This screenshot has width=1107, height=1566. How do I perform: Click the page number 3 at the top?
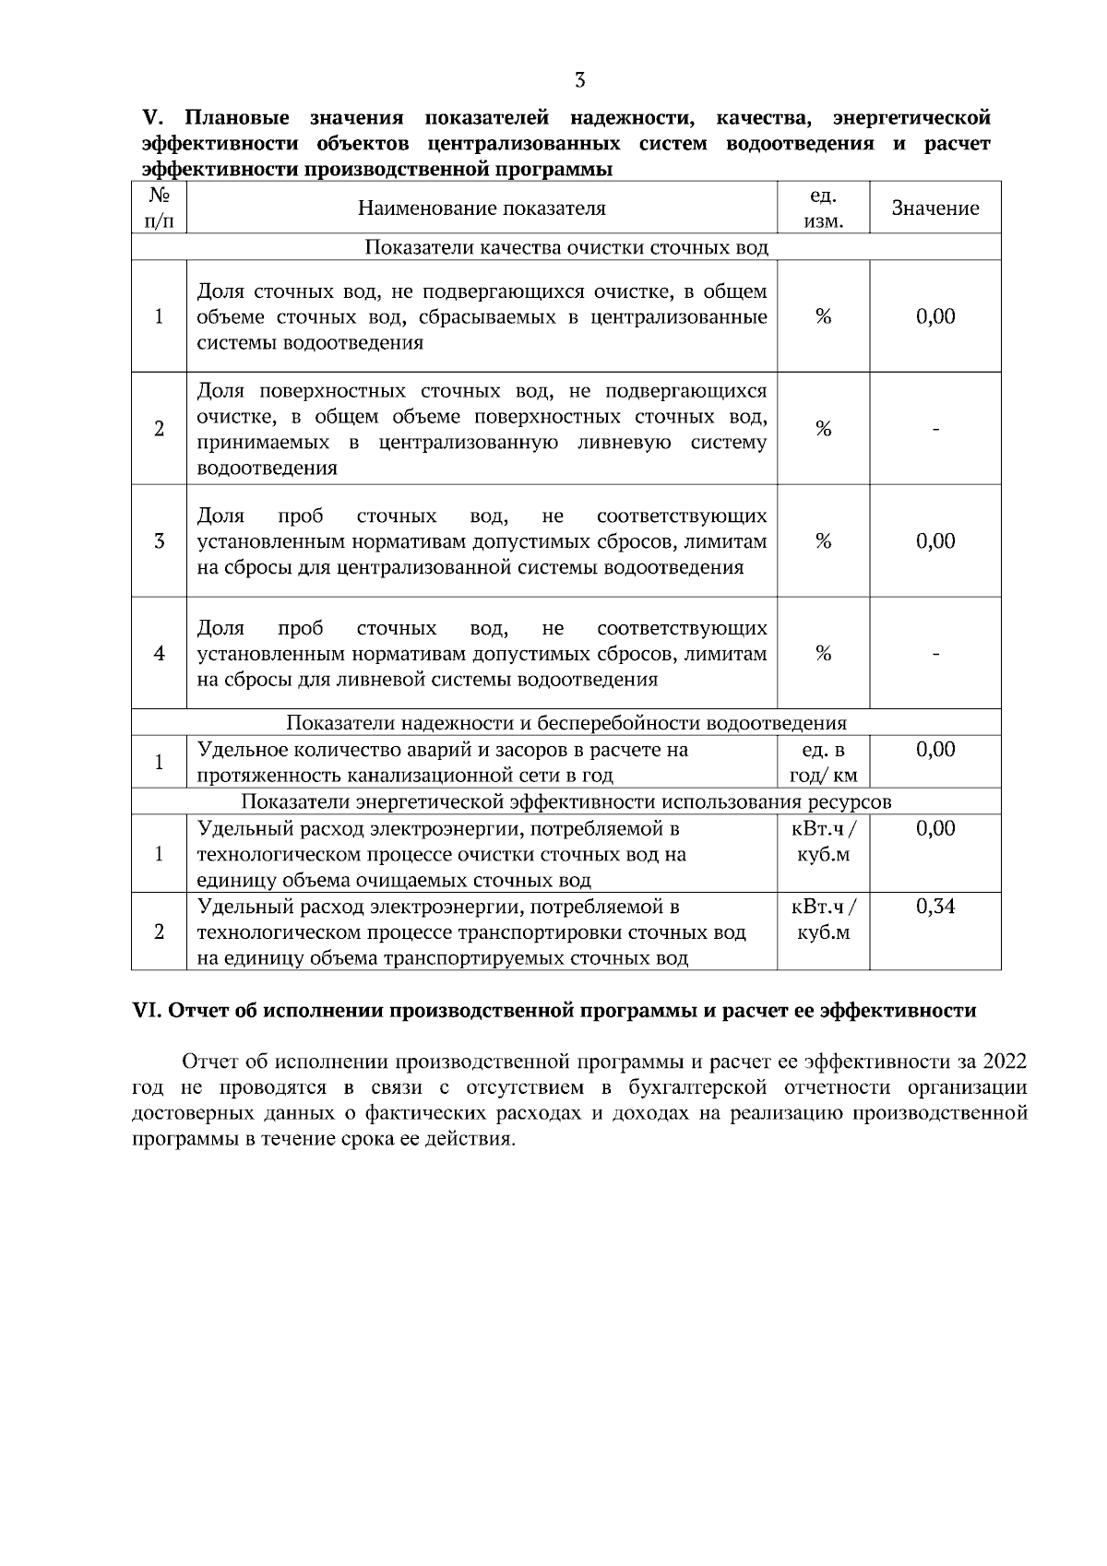[579, 80]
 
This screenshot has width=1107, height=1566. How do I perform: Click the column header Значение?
[934, 208]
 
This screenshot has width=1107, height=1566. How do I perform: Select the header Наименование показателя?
[482, 208]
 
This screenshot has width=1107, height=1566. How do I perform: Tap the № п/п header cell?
[159, 208]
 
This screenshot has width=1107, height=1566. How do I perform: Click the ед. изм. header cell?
[823, 208]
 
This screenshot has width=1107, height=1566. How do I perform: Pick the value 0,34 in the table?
[934, 907]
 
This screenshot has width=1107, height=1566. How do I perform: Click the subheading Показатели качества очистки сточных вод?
[566, 247]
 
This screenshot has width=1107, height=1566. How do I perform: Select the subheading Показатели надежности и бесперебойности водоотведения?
[566, 723]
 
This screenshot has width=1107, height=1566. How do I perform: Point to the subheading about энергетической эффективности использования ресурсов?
[566, 801]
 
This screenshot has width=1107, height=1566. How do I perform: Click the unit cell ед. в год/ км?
[823, 762]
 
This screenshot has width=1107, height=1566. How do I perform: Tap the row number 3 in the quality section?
[159, 541]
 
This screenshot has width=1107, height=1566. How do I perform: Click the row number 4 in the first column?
[159, 654]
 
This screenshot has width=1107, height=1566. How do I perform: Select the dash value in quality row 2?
[934, 429]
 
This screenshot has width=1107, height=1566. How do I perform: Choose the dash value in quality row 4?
[934, 654]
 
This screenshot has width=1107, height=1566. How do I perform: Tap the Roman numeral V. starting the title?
[152, 118]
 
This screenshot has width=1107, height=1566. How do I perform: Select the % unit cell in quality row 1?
[823, 316]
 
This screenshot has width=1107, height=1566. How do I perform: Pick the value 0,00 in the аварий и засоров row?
[934, 750]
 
